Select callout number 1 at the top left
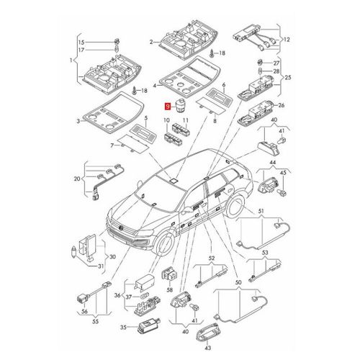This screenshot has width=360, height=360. pos(70,62)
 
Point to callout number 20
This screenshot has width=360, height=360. pos(77,179)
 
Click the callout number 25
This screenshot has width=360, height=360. pos(289,77)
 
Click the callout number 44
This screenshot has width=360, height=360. pos(273,163)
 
